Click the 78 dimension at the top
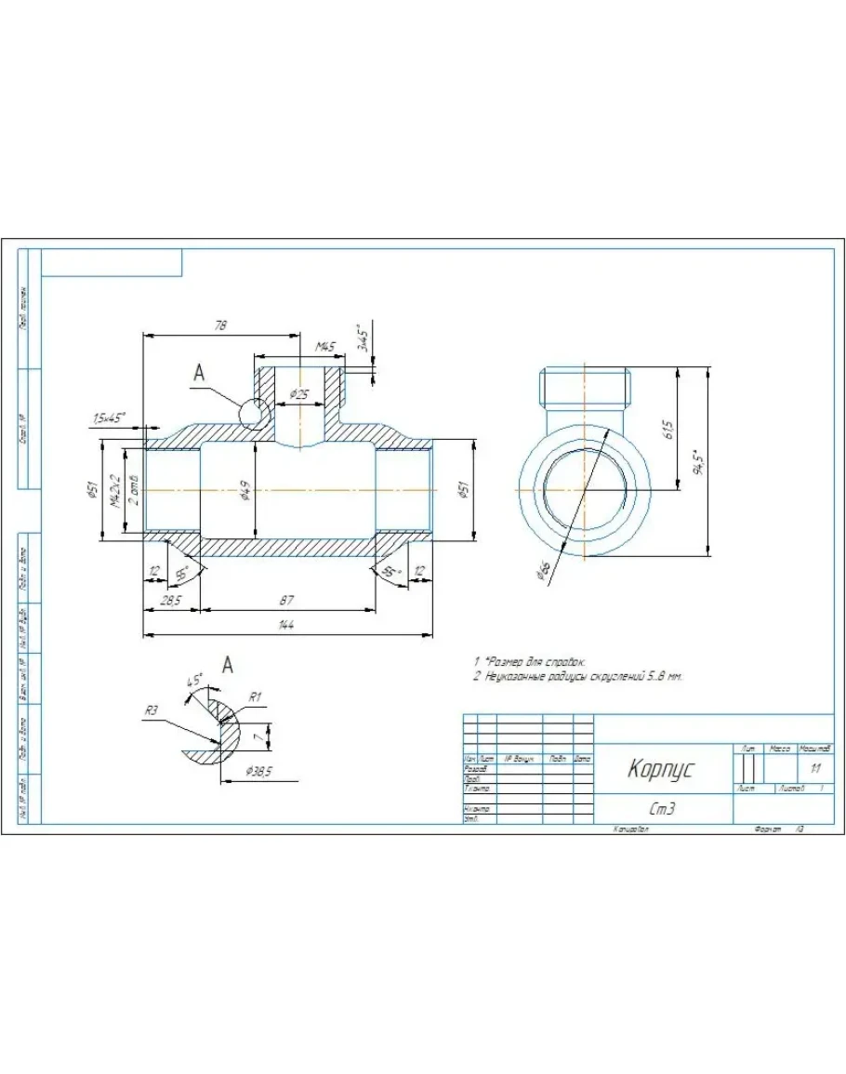point(220,325)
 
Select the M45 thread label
point(324,347)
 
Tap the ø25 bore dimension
point(299,394)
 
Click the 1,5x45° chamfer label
point(109,418)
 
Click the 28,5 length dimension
point(170,602)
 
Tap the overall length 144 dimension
point(285,627)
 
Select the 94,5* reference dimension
point(700,462)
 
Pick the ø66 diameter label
point(543,571)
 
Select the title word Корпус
point(661,769)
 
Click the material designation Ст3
point(662,809)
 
